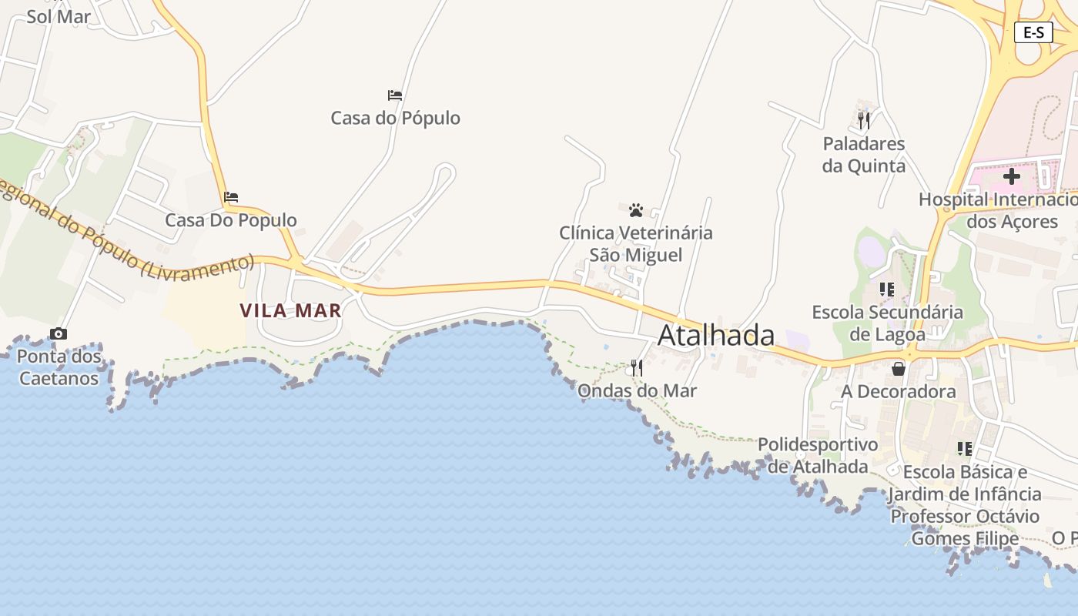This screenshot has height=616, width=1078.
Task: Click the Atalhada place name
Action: (x=716, y=336)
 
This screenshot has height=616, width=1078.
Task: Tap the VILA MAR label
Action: (x=290, y=310)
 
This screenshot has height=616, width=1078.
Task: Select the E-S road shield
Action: (x=1033, y=32)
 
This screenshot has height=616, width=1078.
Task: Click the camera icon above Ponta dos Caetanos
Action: (x=59, y=333)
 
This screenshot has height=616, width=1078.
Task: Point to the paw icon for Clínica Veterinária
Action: (x=635, y=209)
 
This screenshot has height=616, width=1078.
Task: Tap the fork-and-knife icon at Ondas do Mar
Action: (x=636, y=368)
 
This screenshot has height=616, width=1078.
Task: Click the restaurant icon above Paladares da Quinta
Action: (x=863, y=121)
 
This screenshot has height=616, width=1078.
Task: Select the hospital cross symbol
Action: (x=1011, y=176)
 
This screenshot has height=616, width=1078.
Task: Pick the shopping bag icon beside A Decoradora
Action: (x=898, y=369)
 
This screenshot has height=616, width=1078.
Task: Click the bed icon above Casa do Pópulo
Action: (x=395, y=95)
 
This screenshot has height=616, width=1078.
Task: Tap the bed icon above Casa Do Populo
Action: (x=231, y=197)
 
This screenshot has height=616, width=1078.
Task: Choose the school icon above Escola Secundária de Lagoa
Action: (x=887, y=290)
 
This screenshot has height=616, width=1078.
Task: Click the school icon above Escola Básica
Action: (x=964, y=449)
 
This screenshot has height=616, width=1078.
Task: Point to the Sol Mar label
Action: (x=59, y=16)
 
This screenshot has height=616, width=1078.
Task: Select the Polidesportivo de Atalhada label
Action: (x=818, y=455)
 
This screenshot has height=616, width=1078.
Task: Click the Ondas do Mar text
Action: (x=637, y=390)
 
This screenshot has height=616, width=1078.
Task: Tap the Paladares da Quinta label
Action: (x=863, y=155)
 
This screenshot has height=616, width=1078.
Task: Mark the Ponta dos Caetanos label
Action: (x=59, y=367)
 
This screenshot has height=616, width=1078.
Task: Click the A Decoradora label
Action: (x=898, y=391)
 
